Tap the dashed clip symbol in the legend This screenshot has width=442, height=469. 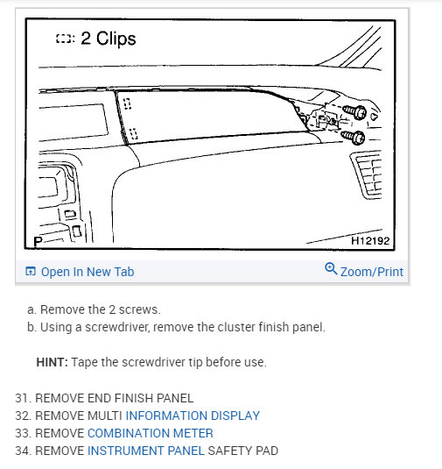click(64, 39)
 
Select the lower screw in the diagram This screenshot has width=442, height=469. click(355, 137)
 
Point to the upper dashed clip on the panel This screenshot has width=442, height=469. click(128, 103)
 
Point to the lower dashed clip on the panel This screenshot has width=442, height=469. click(132, 134)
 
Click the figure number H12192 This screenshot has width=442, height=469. click(371, 238)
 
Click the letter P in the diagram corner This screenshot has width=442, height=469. click(38, 240)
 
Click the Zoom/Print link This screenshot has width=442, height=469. click(371, 272)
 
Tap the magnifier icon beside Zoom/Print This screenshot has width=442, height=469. click(330, 269)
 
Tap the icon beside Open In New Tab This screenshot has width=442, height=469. click(31, 272)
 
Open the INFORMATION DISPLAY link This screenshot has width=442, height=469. click(193, 416)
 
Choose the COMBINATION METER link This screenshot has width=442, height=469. click(150, 433)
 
